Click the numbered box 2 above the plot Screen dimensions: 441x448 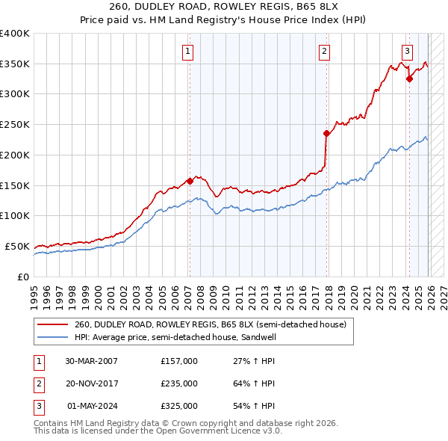(x=325, y=52)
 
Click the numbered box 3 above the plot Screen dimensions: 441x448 (x=407, y=52)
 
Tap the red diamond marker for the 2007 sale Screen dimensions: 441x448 (x=190, y=180)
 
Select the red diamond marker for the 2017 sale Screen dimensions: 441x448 (x=327, y=133)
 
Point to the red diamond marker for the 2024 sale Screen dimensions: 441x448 (x=409, y=78)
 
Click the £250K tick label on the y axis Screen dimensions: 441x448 (x=14, y=124)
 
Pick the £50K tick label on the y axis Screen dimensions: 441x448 (x=16, y=246)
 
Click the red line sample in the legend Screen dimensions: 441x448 (x=54, y=325)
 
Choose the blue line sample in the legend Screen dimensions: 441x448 (x=54, y=337)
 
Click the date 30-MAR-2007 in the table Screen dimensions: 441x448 (x=91, y=361)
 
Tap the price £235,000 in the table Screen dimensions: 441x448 (x=178, y=383)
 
